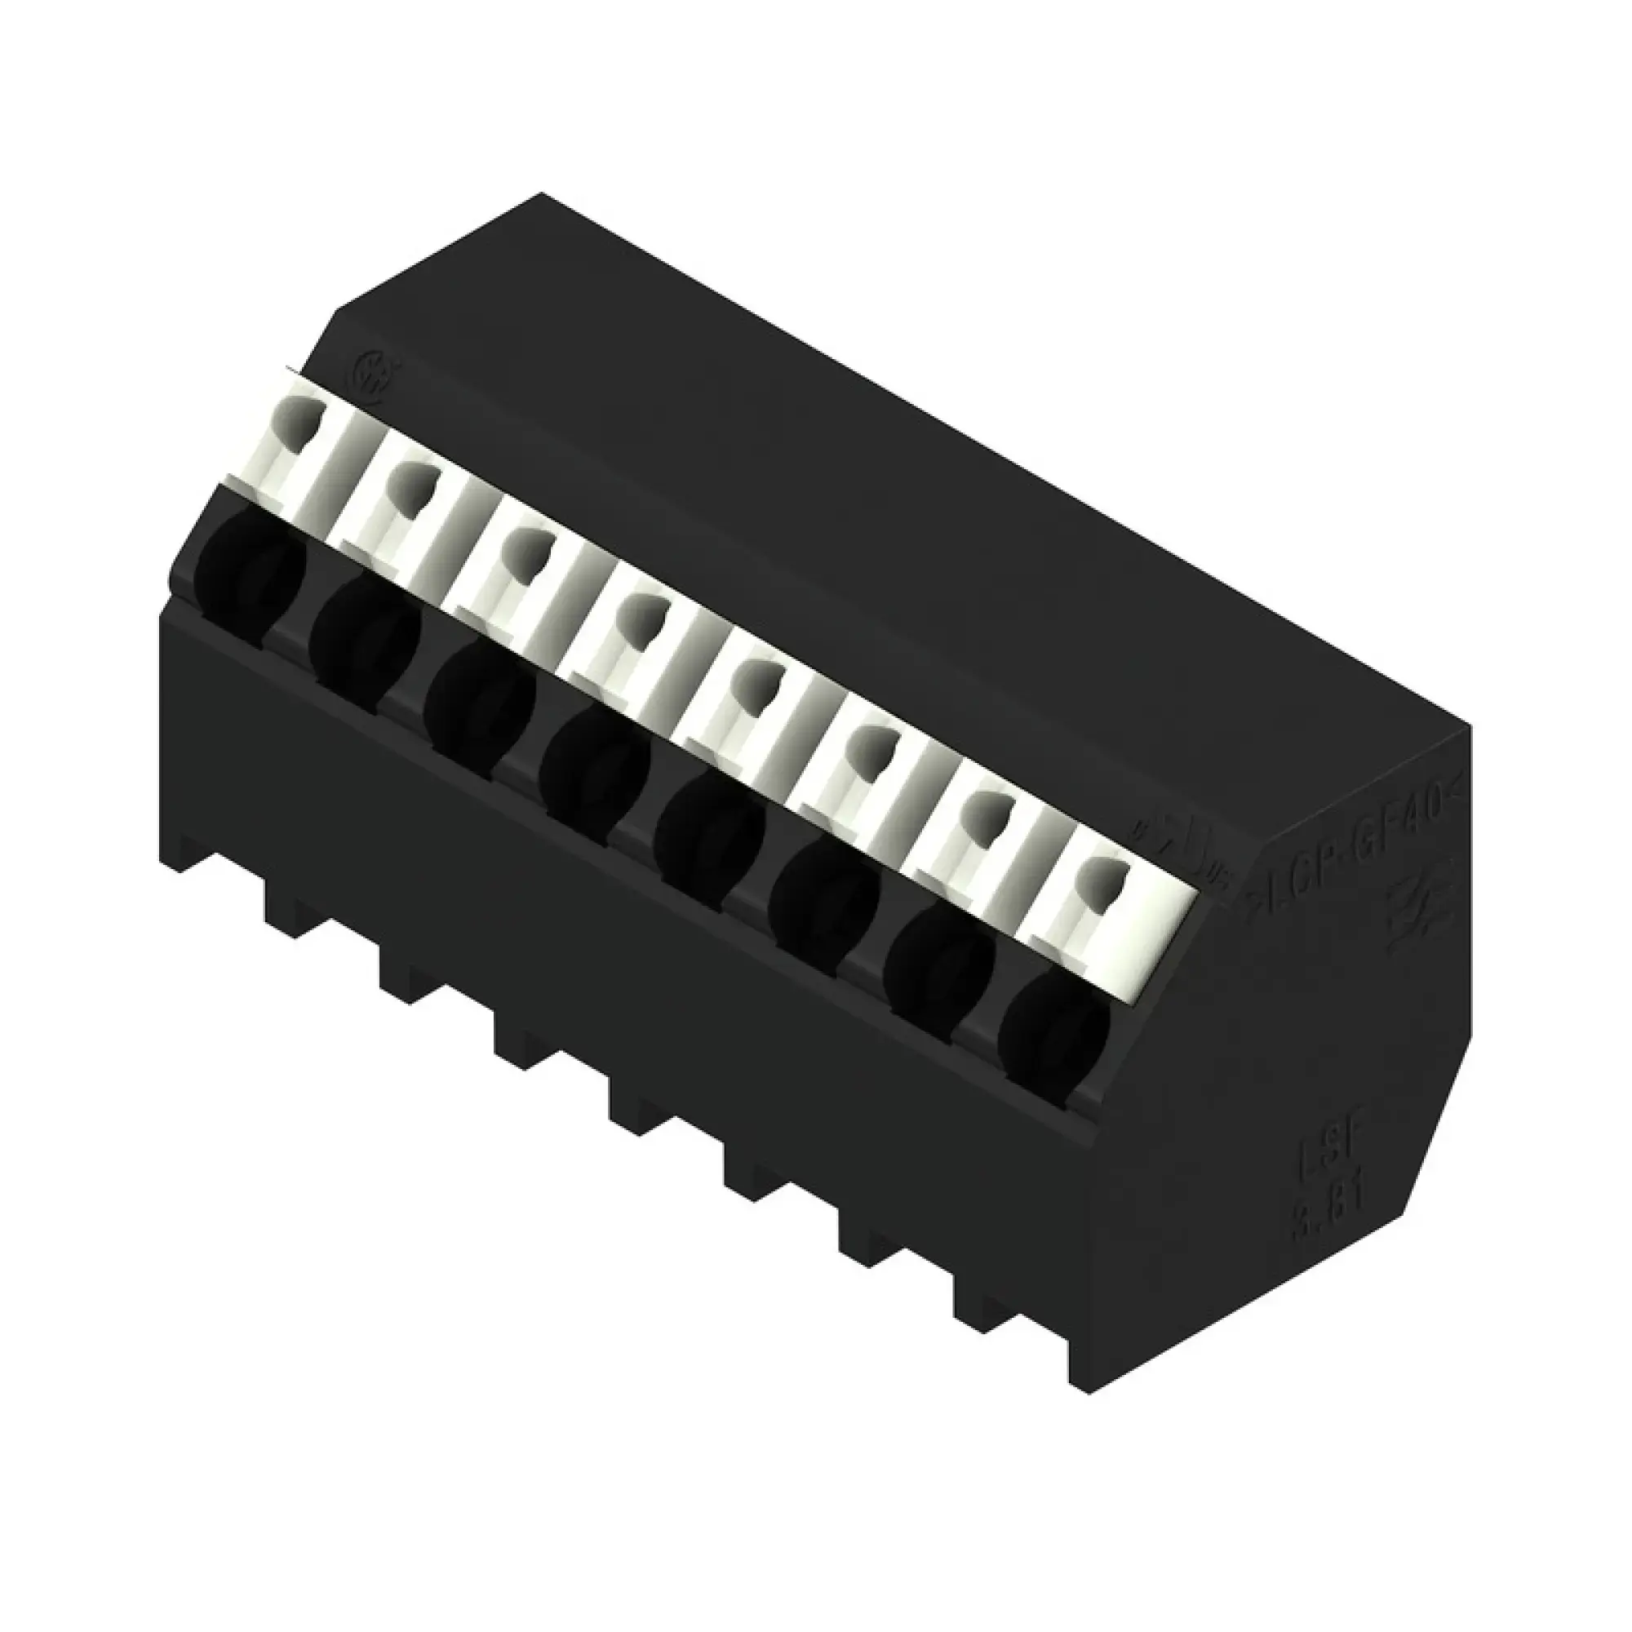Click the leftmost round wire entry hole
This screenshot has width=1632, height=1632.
tap(250, 570)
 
